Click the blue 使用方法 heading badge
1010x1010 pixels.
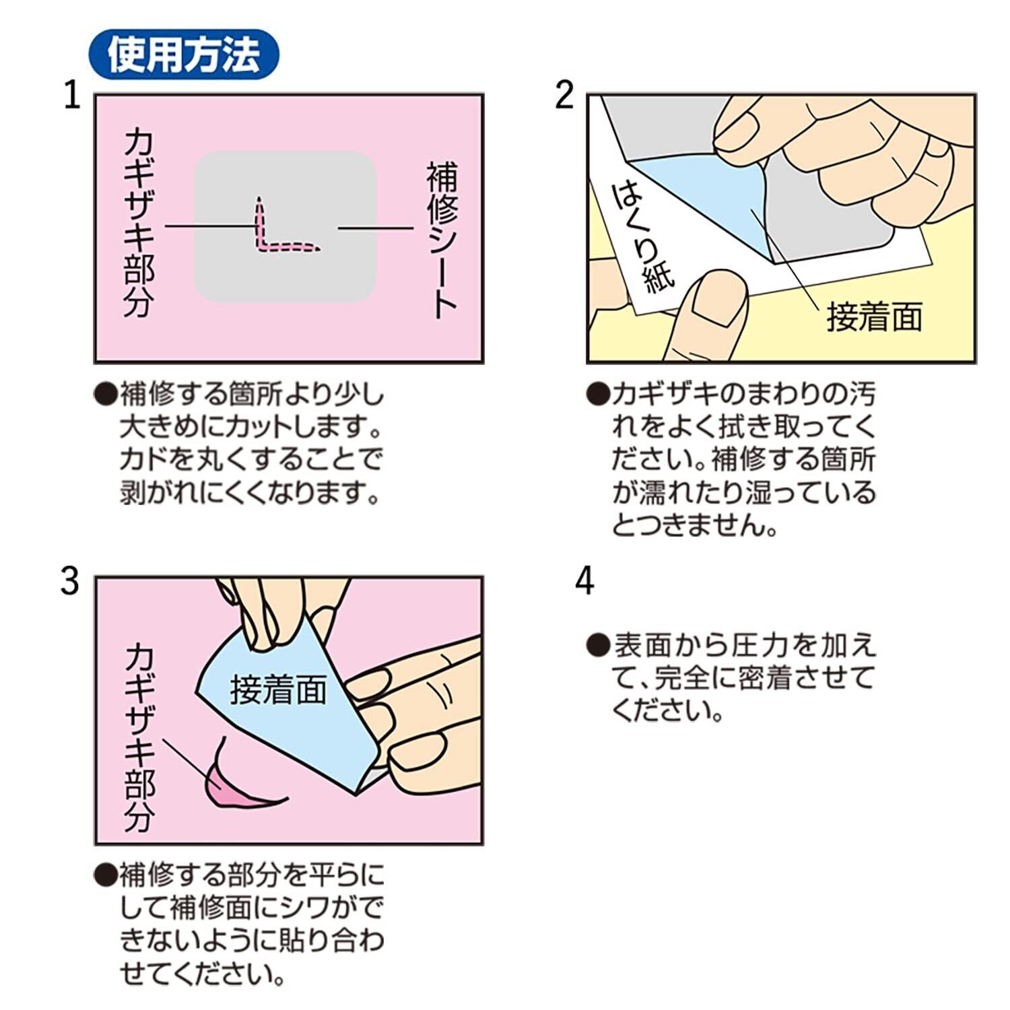point(183,55)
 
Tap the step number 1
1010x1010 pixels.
point(71,96)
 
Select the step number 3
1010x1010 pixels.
point(70,580)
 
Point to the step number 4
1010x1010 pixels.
point(584,580)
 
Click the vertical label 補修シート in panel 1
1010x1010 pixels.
point(442,239)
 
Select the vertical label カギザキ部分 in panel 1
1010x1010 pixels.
point(139,223)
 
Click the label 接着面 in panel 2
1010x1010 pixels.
point(874,317)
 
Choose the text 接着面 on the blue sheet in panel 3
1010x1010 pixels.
point(278,689)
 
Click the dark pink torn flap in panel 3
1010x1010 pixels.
point(232,784)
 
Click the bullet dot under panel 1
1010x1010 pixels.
point(106,394)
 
